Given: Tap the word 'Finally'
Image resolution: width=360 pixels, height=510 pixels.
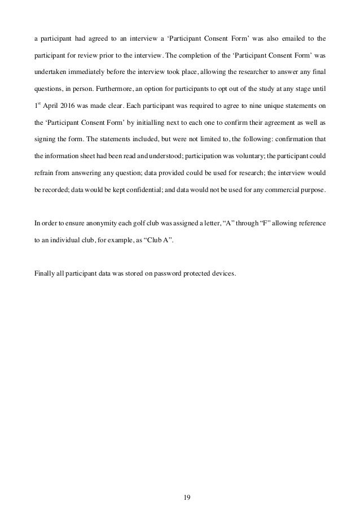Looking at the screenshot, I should [x=45, y=275].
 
